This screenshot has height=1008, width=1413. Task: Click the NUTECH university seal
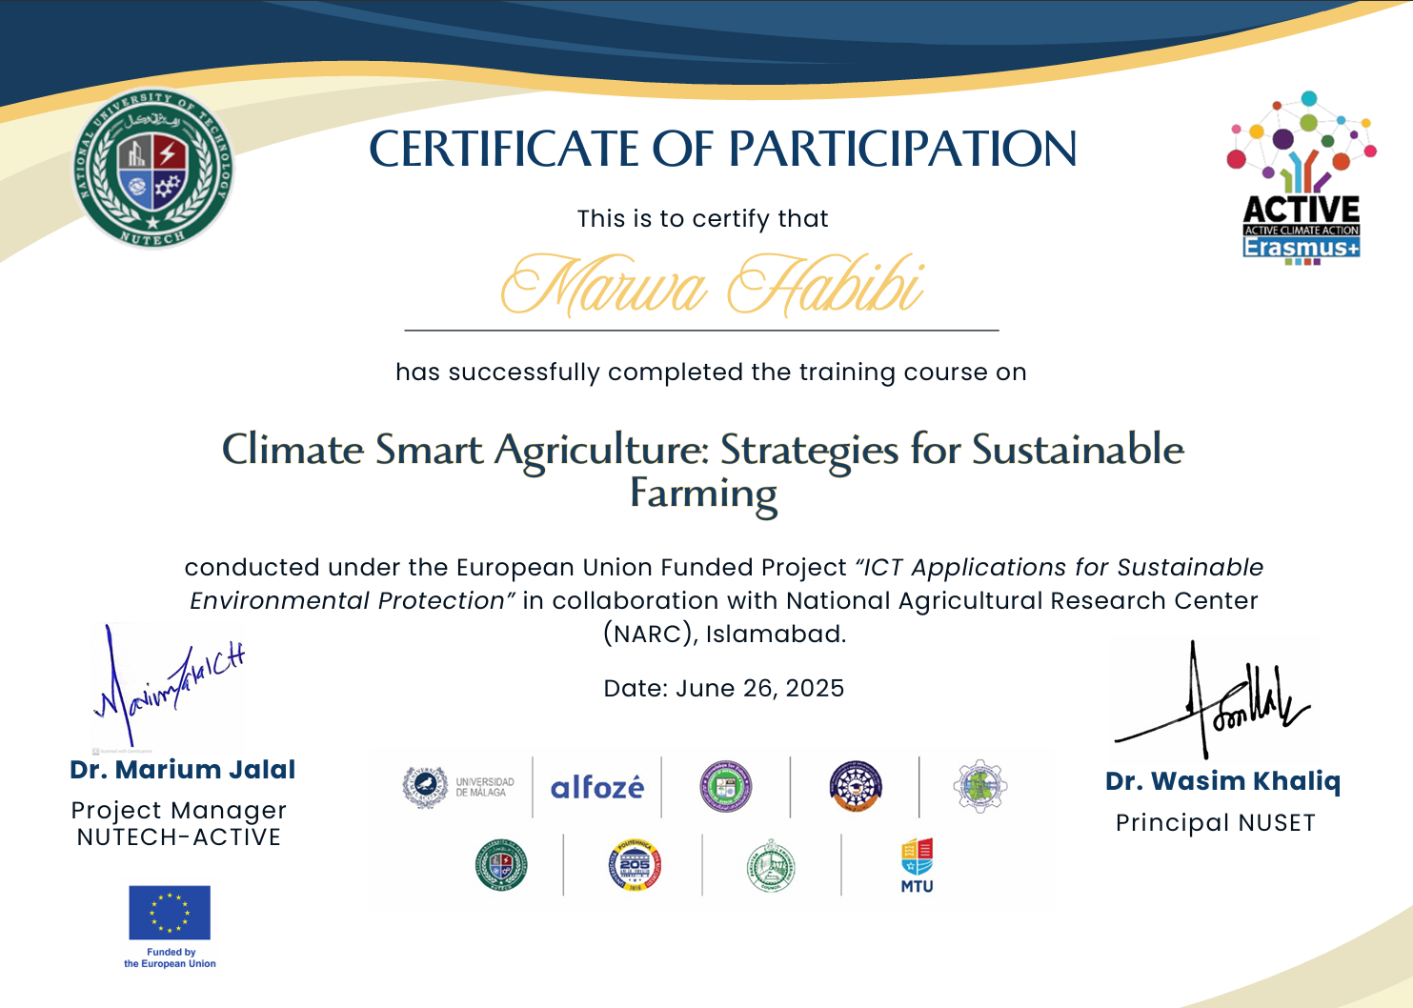coord(153,169)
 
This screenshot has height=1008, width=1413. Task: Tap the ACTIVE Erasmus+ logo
coord(1302,178)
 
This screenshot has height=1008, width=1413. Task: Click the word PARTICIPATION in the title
coord(903,150)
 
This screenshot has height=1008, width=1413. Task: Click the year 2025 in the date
coord(815,689)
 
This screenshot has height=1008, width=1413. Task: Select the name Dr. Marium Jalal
coord(183,770)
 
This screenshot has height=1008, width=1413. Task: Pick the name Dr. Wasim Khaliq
coord(1222,781)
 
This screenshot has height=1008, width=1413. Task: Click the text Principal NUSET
coord(1215,823)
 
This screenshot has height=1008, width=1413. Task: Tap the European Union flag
coord(170,913)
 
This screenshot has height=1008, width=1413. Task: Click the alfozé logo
coord(597,788)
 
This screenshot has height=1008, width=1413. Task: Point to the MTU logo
coord(917,865)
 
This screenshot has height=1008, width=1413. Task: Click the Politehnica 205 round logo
coord(635,865)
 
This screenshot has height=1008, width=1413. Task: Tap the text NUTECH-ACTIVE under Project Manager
coord(179,837)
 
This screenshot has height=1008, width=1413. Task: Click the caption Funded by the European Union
coord(170,958)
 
